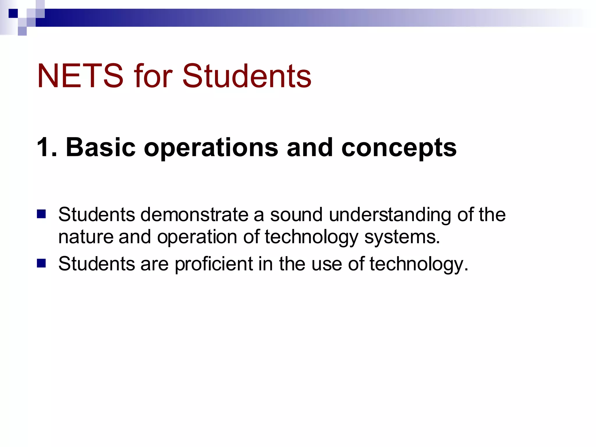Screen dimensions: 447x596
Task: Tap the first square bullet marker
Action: click(x=42, y=214)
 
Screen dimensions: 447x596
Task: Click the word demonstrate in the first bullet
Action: click(x=194, y=215)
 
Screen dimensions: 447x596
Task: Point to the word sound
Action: click(x=296, y=215)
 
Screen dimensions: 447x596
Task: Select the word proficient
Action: click(x=214, y=264)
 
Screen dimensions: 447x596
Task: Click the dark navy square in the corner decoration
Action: click(x=13, y=13)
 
